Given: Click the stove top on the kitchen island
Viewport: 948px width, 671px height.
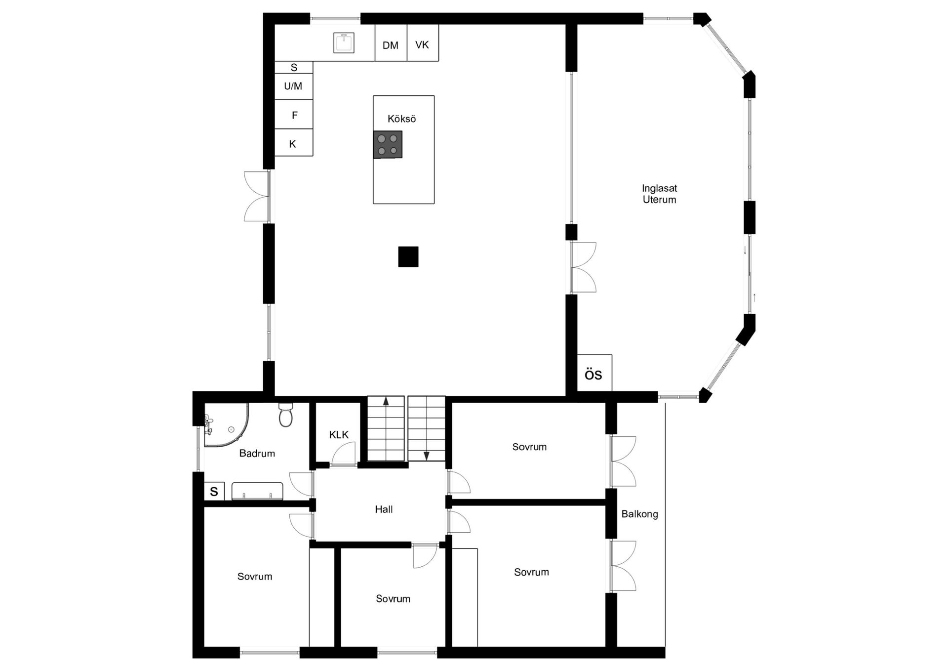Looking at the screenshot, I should coord(388,144).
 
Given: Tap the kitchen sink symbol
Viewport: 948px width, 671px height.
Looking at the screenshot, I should coord(344,42).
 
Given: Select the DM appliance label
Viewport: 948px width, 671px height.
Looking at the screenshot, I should coord(391,45).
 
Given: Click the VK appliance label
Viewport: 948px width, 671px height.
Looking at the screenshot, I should coord(422,45).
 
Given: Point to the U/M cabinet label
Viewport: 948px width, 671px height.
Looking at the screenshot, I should coord(293,86).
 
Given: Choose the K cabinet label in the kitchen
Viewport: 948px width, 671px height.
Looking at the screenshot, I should coord(293,144).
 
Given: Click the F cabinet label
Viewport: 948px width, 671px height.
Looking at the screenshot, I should coord(294,115).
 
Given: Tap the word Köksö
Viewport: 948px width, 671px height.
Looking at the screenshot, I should coord(402,119).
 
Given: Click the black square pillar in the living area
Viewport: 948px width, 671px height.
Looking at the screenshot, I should coord(408,257).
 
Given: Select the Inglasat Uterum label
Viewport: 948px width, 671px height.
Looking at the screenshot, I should coord(659,194).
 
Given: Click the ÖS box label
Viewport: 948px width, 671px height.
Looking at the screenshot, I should coord(593,375).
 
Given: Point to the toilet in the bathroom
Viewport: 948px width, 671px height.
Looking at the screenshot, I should coord(286,415).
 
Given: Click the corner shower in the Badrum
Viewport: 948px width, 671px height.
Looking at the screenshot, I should coord(225,425).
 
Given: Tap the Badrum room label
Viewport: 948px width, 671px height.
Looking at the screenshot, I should coord(257,453).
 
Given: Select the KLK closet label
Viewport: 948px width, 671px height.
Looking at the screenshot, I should coord(339,435).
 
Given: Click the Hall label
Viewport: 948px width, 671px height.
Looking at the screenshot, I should coord(384,509).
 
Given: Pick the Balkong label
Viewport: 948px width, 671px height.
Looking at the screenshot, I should coord(639,514).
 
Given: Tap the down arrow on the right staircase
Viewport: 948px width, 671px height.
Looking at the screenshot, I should coord(427,456).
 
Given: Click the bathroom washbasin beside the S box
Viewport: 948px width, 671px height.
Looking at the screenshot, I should coord(257,491).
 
